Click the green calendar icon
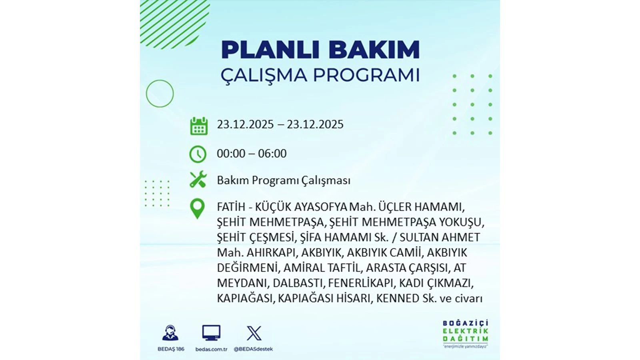tap(199, 126)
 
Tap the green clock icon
tap(198, 154)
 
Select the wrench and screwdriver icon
tap(198, 180)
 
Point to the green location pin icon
tap(197, 208)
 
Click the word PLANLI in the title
tap(270, 50)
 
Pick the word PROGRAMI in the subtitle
tap(366, 75)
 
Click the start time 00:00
tap(231, 154)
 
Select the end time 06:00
tap(272, 154)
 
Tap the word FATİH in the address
tap(231, 207)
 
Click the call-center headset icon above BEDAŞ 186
tap(171, 333)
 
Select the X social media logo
tap(254, 333)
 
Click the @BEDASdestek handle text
tap(253, 349)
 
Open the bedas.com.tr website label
tap(211, 349)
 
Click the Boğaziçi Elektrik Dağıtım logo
tap(465, 334)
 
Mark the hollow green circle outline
tap(160, 94)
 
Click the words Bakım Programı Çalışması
tap(284, 180)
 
